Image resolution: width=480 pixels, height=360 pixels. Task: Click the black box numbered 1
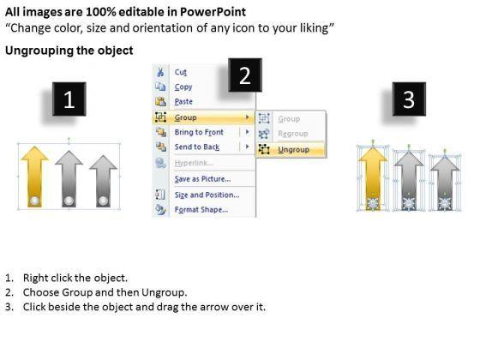(x=69, y=99)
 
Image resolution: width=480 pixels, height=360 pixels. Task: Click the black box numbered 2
(x=245, y=75)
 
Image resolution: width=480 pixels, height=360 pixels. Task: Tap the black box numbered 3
(x=409, y=99)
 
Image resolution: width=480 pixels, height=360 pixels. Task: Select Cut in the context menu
(x=181, y=72)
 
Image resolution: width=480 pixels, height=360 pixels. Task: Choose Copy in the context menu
(x=183, y=87)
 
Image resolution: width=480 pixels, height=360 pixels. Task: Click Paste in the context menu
(x=183, y=102)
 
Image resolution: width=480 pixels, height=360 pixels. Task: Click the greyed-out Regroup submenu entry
(x=293, y=134)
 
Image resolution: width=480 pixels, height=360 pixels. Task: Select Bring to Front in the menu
(x=199, y=132)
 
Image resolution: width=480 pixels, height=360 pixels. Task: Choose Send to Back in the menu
(x=197, y=147)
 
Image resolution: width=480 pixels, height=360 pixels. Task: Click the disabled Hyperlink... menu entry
(x=194, y=163)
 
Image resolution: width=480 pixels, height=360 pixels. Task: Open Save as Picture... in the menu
(x=202, y=179)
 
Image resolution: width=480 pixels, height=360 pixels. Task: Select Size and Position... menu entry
(x=207, y=195)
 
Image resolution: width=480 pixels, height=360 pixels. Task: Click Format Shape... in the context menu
(x=201, y=210)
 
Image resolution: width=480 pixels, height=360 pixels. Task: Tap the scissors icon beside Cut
(x=160, y=72)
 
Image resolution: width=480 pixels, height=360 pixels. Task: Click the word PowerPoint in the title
(x=213, y=12)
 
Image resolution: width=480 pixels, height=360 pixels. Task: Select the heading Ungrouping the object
(x=69, y=51)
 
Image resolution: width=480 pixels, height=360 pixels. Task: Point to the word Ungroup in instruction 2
(x=164, y=292)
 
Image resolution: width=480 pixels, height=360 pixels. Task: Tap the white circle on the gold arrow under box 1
(x=34, y=201)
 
